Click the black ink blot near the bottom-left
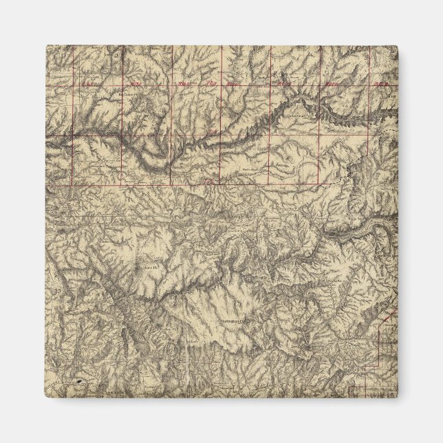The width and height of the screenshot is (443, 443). point(80,380)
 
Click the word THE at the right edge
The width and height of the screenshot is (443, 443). point(393,98)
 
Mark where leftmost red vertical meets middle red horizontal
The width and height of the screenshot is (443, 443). point(74,136)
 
